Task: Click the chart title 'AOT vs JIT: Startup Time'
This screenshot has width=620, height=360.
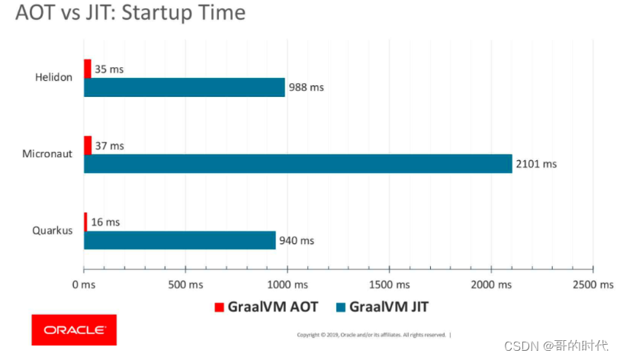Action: click(130, 13)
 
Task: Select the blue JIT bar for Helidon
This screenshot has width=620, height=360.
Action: click(184, 87)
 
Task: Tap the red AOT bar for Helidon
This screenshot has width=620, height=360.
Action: click(88, 69)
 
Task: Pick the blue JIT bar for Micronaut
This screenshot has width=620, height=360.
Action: click(297, 163)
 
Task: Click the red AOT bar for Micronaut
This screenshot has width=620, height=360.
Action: click(88, 145)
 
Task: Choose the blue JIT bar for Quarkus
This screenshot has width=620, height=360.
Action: click(179, 239)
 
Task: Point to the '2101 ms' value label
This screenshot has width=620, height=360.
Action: click(536, 164)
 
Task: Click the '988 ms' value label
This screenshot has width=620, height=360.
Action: click(307, 88)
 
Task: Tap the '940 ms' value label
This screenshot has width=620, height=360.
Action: click(297, 240)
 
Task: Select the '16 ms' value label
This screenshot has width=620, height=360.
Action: click(106, 222)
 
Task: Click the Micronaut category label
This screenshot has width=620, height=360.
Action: click(47, 154)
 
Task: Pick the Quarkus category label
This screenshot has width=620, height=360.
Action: click(53, 230)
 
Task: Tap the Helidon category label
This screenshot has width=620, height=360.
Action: click(53, 78)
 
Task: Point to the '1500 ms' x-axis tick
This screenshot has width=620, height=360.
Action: click(389, 284)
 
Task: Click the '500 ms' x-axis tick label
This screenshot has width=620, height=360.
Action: click(185, 284)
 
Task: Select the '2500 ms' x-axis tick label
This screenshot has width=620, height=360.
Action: click(593, 284)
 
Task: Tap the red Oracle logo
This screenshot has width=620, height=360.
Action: click(74, 329)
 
